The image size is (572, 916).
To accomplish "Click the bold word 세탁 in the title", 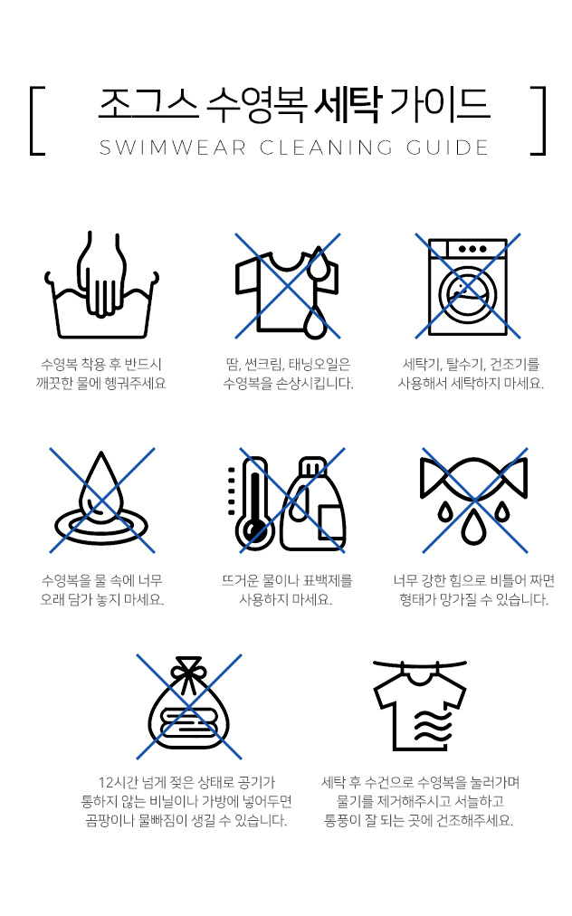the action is (348, 105).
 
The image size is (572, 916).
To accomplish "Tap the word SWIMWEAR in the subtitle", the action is (173, 148).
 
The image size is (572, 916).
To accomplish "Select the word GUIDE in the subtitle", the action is (447, 148).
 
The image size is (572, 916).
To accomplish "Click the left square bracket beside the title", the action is (36, 121).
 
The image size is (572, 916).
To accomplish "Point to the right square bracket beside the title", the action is (539, 121).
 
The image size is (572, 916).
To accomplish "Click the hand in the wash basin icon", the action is (101, 273).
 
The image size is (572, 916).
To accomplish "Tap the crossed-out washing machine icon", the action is (467, 286).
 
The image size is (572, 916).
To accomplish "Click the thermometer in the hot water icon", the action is (253, 503).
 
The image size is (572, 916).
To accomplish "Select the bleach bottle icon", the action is (313, 503).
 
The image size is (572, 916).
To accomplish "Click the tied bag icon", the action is (189, 706).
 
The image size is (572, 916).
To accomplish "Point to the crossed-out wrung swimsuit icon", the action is (474, 501).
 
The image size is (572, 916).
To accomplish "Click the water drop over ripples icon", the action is (101, 501).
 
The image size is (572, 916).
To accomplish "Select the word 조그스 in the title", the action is (148, 105).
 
